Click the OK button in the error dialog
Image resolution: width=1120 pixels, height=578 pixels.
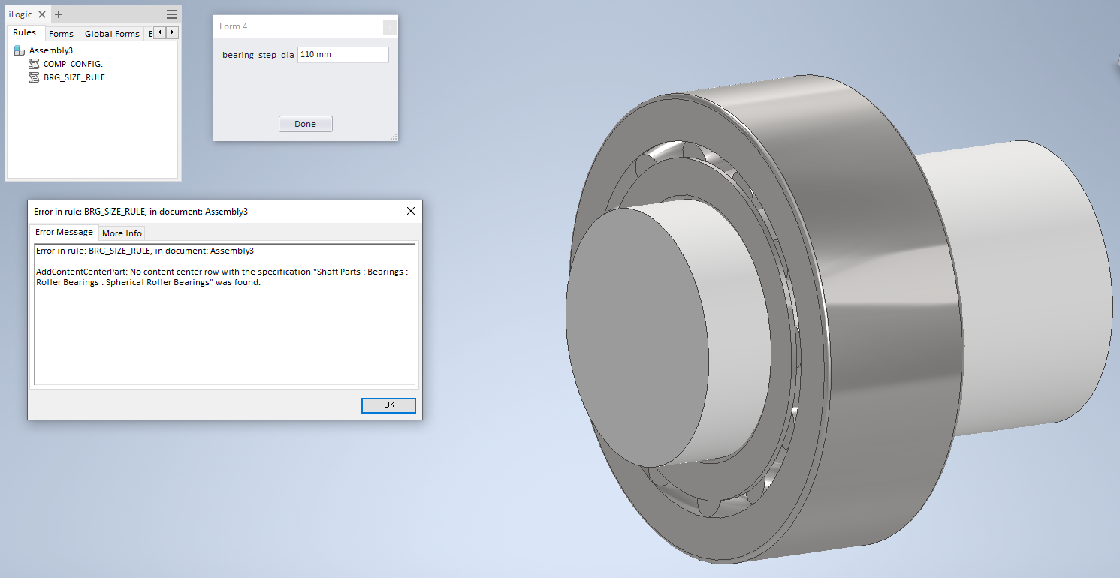point(388,405)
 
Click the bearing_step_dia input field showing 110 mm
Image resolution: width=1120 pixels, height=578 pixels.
point(343,55)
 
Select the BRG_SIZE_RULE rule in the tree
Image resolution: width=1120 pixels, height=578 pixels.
point(74,77)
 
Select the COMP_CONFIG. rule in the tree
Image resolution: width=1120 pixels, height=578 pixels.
point(72,64)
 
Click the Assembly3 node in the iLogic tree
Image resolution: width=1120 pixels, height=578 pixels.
point(50,50)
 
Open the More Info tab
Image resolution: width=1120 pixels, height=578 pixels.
point(122,233)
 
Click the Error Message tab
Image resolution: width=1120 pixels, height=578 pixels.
point(65,232)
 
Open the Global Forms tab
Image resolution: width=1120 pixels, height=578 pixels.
point(112,34)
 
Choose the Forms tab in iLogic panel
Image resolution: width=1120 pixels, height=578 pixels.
point(61,34)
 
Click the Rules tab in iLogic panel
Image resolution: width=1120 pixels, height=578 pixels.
point(25,33)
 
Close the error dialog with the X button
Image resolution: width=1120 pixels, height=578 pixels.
point(411,211)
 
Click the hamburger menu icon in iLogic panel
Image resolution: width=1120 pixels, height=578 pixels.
point(172,14)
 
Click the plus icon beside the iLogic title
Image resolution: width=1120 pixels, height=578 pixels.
point(59,14)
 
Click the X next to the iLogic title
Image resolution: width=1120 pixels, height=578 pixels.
point(42,14)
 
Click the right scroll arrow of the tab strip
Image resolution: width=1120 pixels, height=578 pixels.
point(173,32)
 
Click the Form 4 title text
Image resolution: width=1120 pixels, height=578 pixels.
point(233,26)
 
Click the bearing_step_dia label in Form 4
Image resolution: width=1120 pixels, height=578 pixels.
point(258,55)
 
